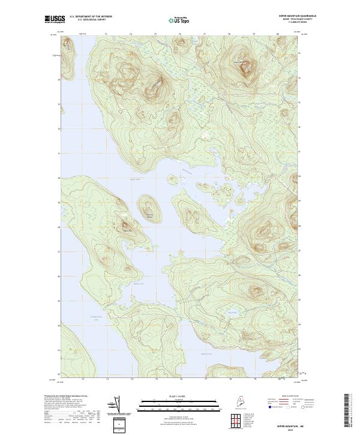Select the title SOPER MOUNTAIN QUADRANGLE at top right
281,16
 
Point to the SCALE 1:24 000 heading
174,397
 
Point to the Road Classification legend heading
289,397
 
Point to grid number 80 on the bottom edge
278,379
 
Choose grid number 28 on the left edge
59,227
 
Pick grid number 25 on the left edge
59,301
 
